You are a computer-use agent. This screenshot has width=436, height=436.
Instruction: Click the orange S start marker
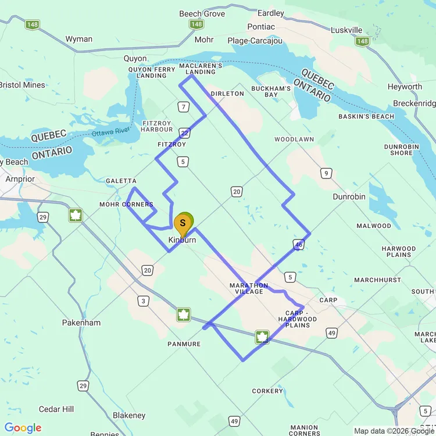click(183, 224)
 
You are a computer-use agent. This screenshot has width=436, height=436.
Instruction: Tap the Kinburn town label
click(183, 240)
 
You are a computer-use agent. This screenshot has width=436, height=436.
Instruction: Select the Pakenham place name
click(81, 323)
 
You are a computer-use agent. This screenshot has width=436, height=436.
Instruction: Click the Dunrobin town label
click(349, 196)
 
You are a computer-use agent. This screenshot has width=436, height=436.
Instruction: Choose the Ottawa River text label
click(110, 132)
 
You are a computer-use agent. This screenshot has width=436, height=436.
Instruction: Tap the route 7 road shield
click(184, 106)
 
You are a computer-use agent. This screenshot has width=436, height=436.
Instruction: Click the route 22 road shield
click(184, 133)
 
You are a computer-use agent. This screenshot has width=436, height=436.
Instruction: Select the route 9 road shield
click(327, 173)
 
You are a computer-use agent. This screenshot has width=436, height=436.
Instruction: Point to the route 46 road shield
click(299, 245)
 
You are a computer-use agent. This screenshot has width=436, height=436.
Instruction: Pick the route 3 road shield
click(142, 301)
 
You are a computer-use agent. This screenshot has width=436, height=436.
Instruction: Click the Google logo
click(23, 428)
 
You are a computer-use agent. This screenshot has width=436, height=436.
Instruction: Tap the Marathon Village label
click(249, 288)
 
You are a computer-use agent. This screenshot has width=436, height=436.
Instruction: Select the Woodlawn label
click(294, 140)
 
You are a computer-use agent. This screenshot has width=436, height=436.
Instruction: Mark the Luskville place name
click(346, 30)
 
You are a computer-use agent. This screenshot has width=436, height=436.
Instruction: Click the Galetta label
click(121, 181)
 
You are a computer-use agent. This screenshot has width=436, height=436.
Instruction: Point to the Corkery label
click(267, 391)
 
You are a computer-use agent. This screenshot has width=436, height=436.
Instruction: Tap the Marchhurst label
click(377, 280)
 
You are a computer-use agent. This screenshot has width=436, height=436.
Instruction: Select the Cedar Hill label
click(57, 409)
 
